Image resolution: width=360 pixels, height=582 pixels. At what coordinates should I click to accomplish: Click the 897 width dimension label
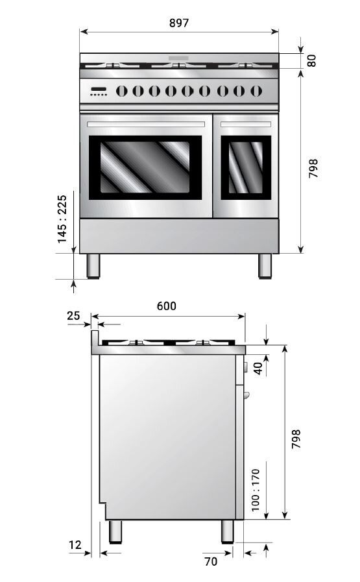179,23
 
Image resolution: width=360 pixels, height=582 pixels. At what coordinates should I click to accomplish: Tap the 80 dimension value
312,60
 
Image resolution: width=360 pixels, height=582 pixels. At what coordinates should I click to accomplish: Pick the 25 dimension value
73,315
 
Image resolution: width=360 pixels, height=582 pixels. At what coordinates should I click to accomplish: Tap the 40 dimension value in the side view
258,368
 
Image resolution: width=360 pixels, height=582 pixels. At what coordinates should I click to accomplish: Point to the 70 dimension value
211,562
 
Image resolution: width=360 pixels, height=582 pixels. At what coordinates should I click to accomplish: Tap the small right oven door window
246,167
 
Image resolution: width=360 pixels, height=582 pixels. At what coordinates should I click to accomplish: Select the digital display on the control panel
99,90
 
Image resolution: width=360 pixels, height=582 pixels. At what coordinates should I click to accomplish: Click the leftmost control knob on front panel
121,91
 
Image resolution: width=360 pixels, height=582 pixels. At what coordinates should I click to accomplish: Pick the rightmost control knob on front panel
256,91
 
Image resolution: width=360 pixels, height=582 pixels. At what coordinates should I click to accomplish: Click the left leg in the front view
94,266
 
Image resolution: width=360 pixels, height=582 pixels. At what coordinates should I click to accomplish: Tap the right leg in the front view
265,266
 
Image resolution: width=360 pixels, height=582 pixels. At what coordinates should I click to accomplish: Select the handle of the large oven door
147,123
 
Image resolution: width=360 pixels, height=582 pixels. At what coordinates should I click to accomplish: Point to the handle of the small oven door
246,123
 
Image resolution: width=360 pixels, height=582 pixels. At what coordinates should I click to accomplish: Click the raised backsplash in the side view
95,339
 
